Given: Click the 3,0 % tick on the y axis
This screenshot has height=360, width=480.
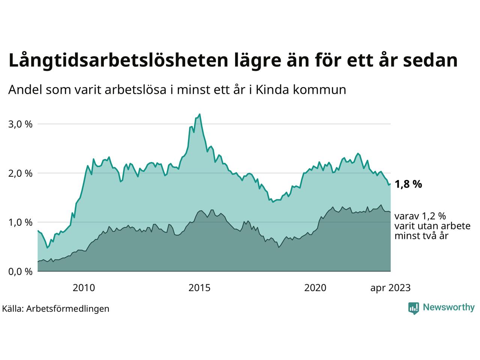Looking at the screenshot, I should (20, 124).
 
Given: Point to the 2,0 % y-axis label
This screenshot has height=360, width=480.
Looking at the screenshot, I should (20, 174).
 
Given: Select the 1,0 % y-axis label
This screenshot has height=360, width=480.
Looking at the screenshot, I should (20, 223).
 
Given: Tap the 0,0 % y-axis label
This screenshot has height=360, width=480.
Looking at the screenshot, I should (20, 272).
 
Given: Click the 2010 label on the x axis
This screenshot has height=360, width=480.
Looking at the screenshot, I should (84, 288).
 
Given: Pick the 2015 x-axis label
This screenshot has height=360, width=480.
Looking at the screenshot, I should (199, 288).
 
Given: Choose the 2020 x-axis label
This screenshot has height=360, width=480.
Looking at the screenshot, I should (315, 288).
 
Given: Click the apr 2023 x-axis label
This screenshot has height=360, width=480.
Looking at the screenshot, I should (390, 288).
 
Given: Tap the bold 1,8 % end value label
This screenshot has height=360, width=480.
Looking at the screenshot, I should (408, 184).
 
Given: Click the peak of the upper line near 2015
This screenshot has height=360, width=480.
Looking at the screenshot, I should (199, 114).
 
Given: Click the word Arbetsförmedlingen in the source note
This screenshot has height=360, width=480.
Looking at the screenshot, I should (68, 309).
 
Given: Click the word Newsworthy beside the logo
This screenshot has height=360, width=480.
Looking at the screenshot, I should (448, 307).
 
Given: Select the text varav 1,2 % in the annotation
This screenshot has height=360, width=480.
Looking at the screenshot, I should (420, 216).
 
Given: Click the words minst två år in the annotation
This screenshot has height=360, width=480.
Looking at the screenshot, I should (421, 236).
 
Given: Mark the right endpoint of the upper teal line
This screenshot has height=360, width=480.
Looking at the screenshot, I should (390, 184).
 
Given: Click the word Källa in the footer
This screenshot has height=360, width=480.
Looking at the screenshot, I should (12, 309).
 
